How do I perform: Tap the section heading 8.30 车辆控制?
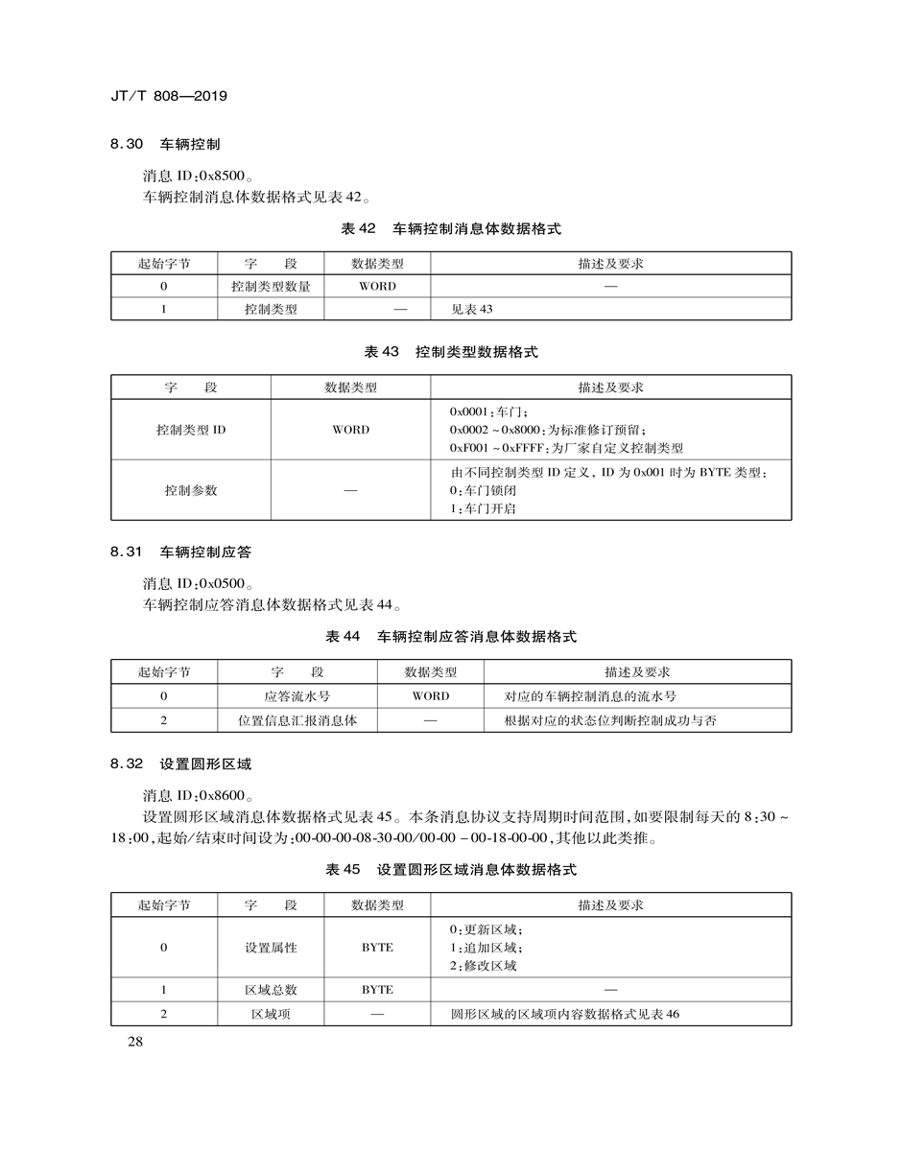[x=165, y=145]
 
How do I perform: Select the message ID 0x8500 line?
[x=199, y=176]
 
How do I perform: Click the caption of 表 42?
[x=451, y=229]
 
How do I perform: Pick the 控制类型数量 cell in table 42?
[x=271, y=286]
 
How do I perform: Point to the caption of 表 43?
[x=451, y=352]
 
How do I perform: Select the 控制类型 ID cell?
[x=191, y=430]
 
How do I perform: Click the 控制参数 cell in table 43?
[x=191, y=490]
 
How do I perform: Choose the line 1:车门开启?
[x=483, y=508]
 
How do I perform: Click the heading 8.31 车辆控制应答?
[x=180, y=552]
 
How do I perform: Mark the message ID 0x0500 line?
[x=199, y=583]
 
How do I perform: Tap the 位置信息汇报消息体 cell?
[x=297, y=720]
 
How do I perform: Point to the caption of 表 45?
[x=451, y=870]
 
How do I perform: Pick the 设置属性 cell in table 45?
[x=271, y=948]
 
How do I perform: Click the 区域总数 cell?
[x=271, y=990]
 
